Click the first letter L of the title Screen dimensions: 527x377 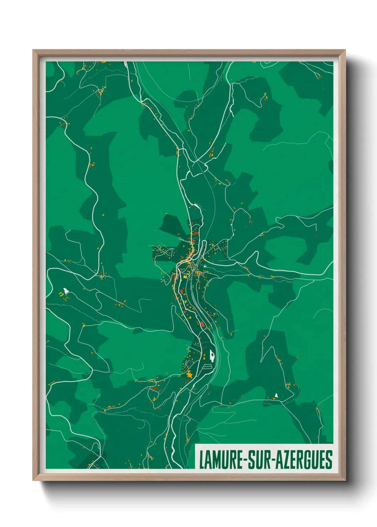[201, 460]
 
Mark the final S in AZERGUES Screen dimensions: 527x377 [329, 460]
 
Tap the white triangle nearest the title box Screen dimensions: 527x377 [276, 395]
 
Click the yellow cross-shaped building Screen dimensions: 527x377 [190, 375]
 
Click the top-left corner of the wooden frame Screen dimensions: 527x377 [33, 51]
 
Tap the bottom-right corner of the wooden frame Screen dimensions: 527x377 [345, 480]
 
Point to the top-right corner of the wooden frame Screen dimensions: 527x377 [345, 51]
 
